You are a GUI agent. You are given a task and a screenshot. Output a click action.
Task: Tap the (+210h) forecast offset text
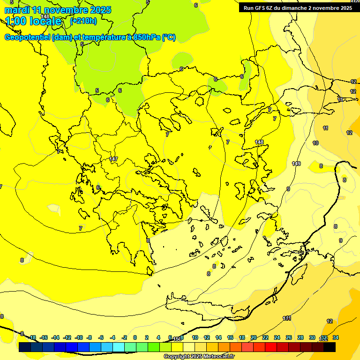click(83, 21)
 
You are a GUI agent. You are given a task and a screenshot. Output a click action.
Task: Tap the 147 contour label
click(113, 159)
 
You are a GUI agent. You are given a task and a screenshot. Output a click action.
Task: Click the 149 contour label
click(296, 164)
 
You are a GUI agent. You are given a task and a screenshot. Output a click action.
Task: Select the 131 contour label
click(287, 318)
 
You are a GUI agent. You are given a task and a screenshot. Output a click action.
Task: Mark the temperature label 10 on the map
click(315, 143)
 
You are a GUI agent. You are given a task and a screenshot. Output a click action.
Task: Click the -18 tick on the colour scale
click(32, 337)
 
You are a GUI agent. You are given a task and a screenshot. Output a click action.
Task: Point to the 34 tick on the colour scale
click(336, 337)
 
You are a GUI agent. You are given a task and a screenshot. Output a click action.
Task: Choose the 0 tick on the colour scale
click(135, 337)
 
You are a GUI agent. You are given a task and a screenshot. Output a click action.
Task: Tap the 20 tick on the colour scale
click(254, 337)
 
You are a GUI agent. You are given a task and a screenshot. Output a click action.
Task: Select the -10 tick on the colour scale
click(78, 337)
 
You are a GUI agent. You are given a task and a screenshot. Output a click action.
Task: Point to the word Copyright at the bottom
click(177, 357)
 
